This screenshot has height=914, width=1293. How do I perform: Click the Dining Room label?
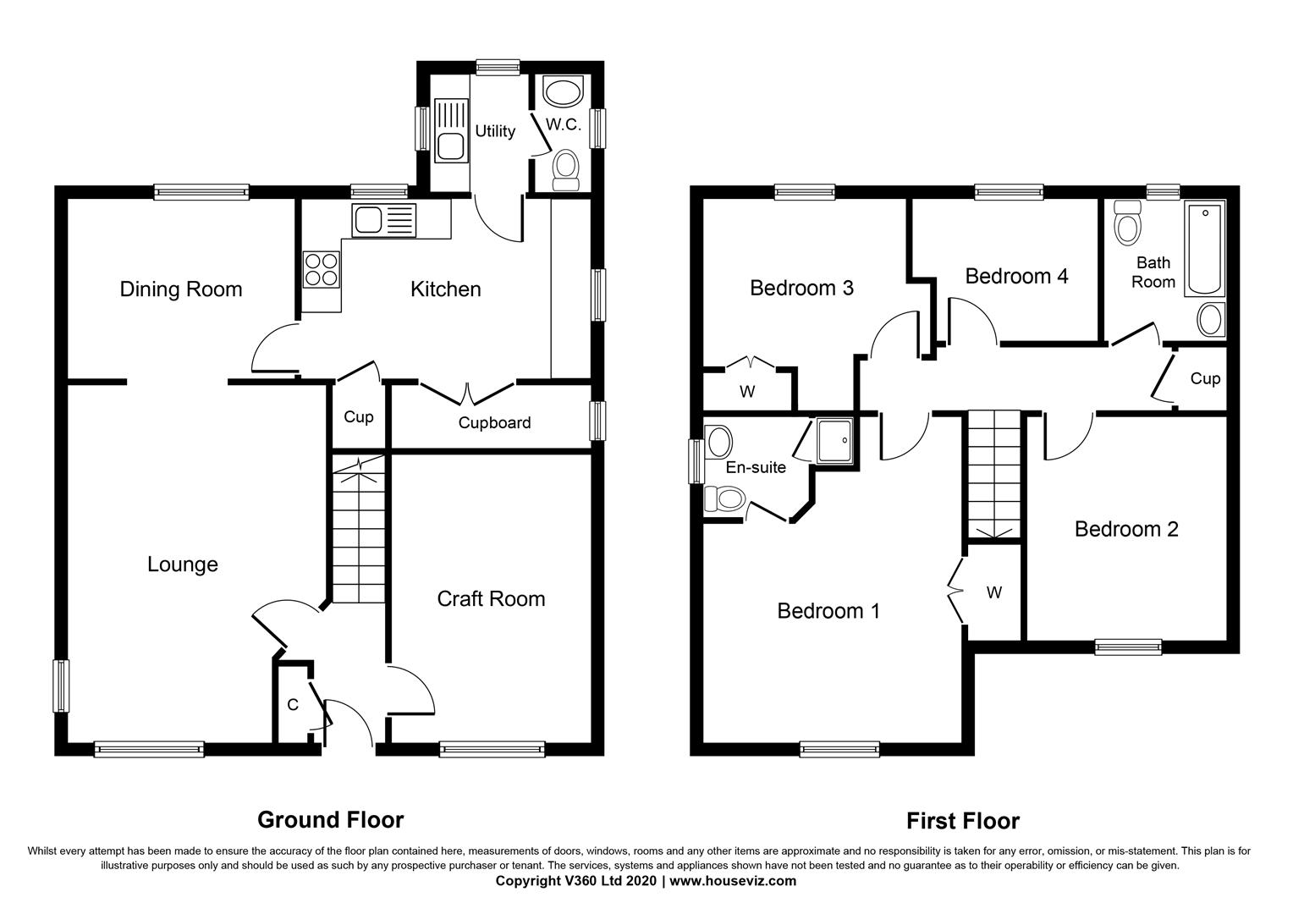coord(180,289)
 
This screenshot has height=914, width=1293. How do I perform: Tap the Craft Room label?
coord(491,599)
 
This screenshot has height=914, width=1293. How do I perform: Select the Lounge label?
coord(183,564)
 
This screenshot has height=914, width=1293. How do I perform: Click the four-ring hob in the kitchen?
coord(321,269)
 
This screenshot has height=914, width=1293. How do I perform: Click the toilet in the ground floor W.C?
coord(564,169)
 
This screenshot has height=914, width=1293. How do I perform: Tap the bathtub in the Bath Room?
coord(1203,249)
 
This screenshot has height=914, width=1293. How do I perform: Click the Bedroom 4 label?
coord(1016,276)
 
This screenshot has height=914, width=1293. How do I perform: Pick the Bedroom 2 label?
coord(1126,529)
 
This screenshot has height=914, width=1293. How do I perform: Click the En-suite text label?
coord(756,467)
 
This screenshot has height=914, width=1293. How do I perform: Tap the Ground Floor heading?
coord(330,819)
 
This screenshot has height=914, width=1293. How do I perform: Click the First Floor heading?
coord(963,820)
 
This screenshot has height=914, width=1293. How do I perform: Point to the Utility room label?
coord(495,131)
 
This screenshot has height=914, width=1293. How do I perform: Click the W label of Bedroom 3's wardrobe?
coord(747,392)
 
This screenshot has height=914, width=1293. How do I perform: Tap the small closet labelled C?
coord(293,704)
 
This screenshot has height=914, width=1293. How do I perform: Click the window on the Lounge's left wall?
coord(61,685)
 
